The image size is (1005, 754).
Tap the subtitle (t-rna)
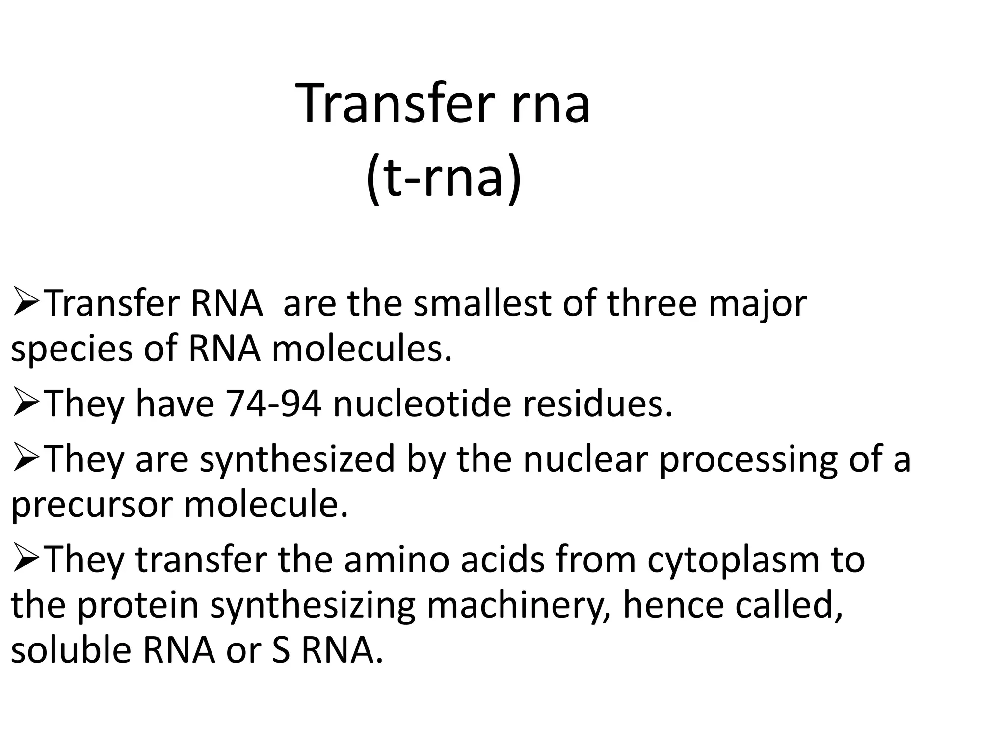(x=443, y=177)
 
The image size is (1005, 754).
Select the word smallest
(x=482, y=303)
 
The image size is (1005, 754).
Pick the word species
(x=72, y=350)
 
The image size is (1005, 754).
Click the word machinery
(x=519, y=607)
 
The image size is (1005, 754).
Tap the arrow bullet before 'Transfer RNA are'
(x=27, y=304)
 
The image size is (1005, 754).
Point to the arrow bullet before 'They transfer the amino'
(x=27, y=560)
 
